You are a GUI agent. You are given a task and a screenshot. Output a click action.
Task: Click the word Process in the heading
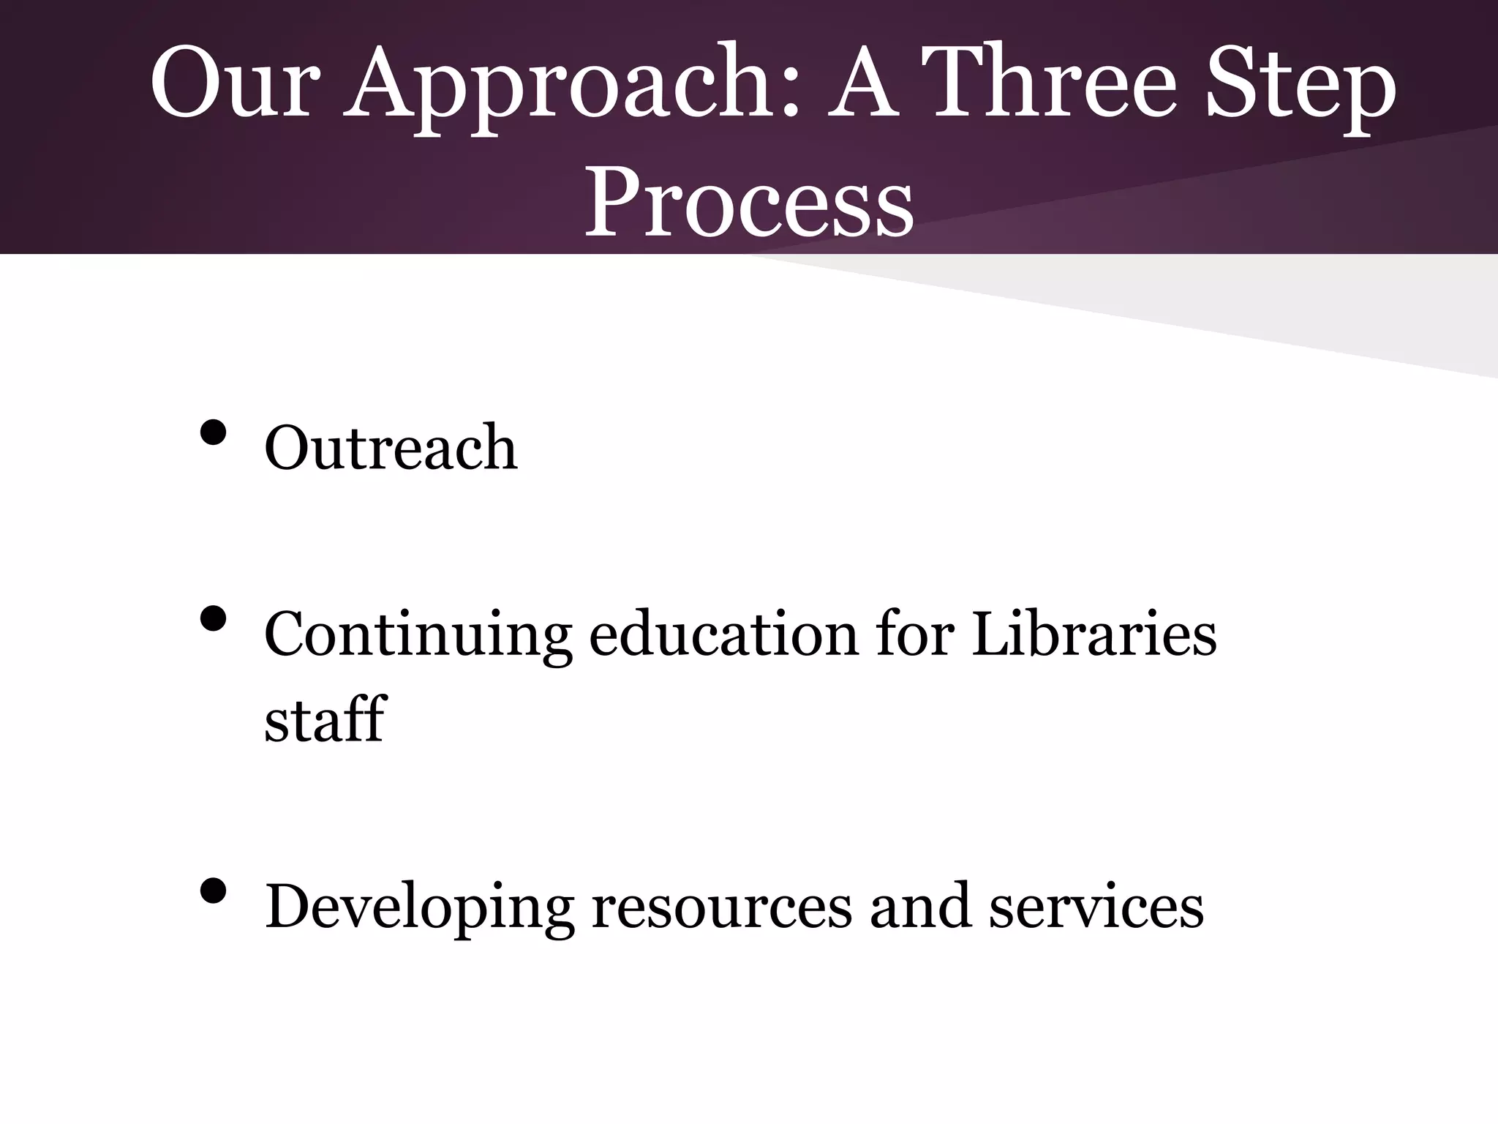click(749, 201)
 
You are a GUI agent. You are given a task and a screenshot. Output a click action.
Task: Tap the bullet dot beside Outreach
click(213, 432)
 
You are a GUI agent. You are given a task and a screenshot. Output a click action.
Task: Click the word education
click(723, 634)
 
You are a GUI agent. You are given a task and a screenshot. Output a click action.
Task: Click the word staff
click(325, 719)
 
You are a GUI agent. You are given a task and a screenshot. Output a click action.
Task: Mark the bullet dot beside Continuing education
click(213, 620)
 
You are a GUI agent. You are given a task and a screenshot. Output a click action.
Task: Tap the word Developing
click(419, 908)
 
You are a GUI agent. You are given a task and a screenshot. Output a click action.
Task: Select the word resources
click(721, 907)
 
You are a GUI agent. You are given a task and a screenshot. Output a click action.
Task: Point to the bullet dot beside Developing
click(213, 891)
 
